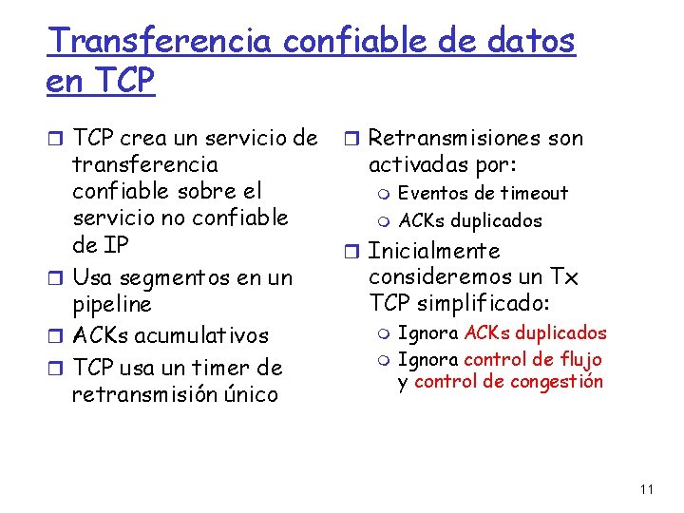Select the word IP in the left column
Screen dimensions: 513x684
[115, 244]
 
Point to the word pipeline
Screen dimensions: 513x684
[112, 305]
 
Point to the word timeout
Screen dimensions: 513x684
[536, 194]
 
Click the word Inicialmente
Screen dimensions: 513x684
[433, 251]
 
